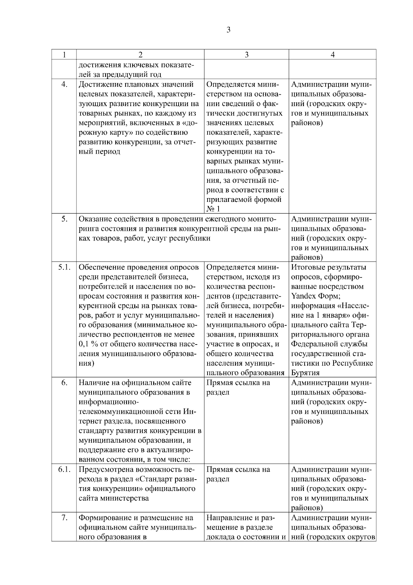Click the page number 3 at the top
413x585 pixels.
pos(229,30)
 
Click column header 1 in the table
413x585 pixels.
pos(64,55)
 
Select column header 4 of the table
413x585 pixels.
pos(332,55)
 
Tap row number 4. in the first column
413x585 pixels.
pos(64,85)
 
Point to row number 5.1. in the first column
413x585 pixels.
pos(64,267)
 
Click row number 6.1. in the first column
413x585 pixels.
pos(64,470)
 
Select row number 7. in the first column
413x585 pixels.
pos(64,518)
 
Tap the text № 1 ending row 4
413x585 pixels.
pos(213,209)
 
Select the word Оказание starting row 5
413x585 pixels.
pos(95,219)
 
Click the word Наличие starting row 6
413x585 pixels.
pos(94,383)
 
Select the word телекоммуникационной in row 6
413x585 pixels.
pos(130,412)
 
